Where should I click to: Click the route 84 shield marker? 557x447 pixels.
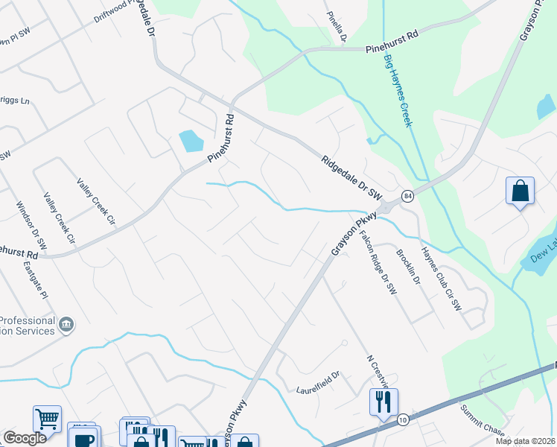pyautogui.click(x=407, y=195)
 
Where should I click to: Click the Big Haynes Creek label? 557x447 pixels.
pyautogui.click(x=398, y=89)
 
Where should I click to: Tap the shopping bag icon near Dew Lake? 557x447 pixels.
pyautogui.click(x=520, y=191)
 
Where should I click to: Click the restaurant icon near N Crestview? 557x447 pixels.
pyautogui.click(x=383, y=402)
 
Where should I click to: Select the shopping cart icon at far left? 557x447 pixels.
pyautogui.click(x=47, y=419)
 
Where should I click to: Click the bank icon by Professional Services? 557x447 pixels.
pyautogui.click(x=66, y=325)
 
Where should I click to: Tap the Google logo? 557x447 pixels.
pyautogui.click(x=25, y=438)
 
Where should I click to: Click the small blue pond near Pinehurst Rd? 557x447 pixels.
pyautogui.click(x=191, y=139)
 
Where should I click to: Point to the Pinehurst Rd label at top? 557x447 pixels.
pyautogui.click(x=393, y=48)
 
